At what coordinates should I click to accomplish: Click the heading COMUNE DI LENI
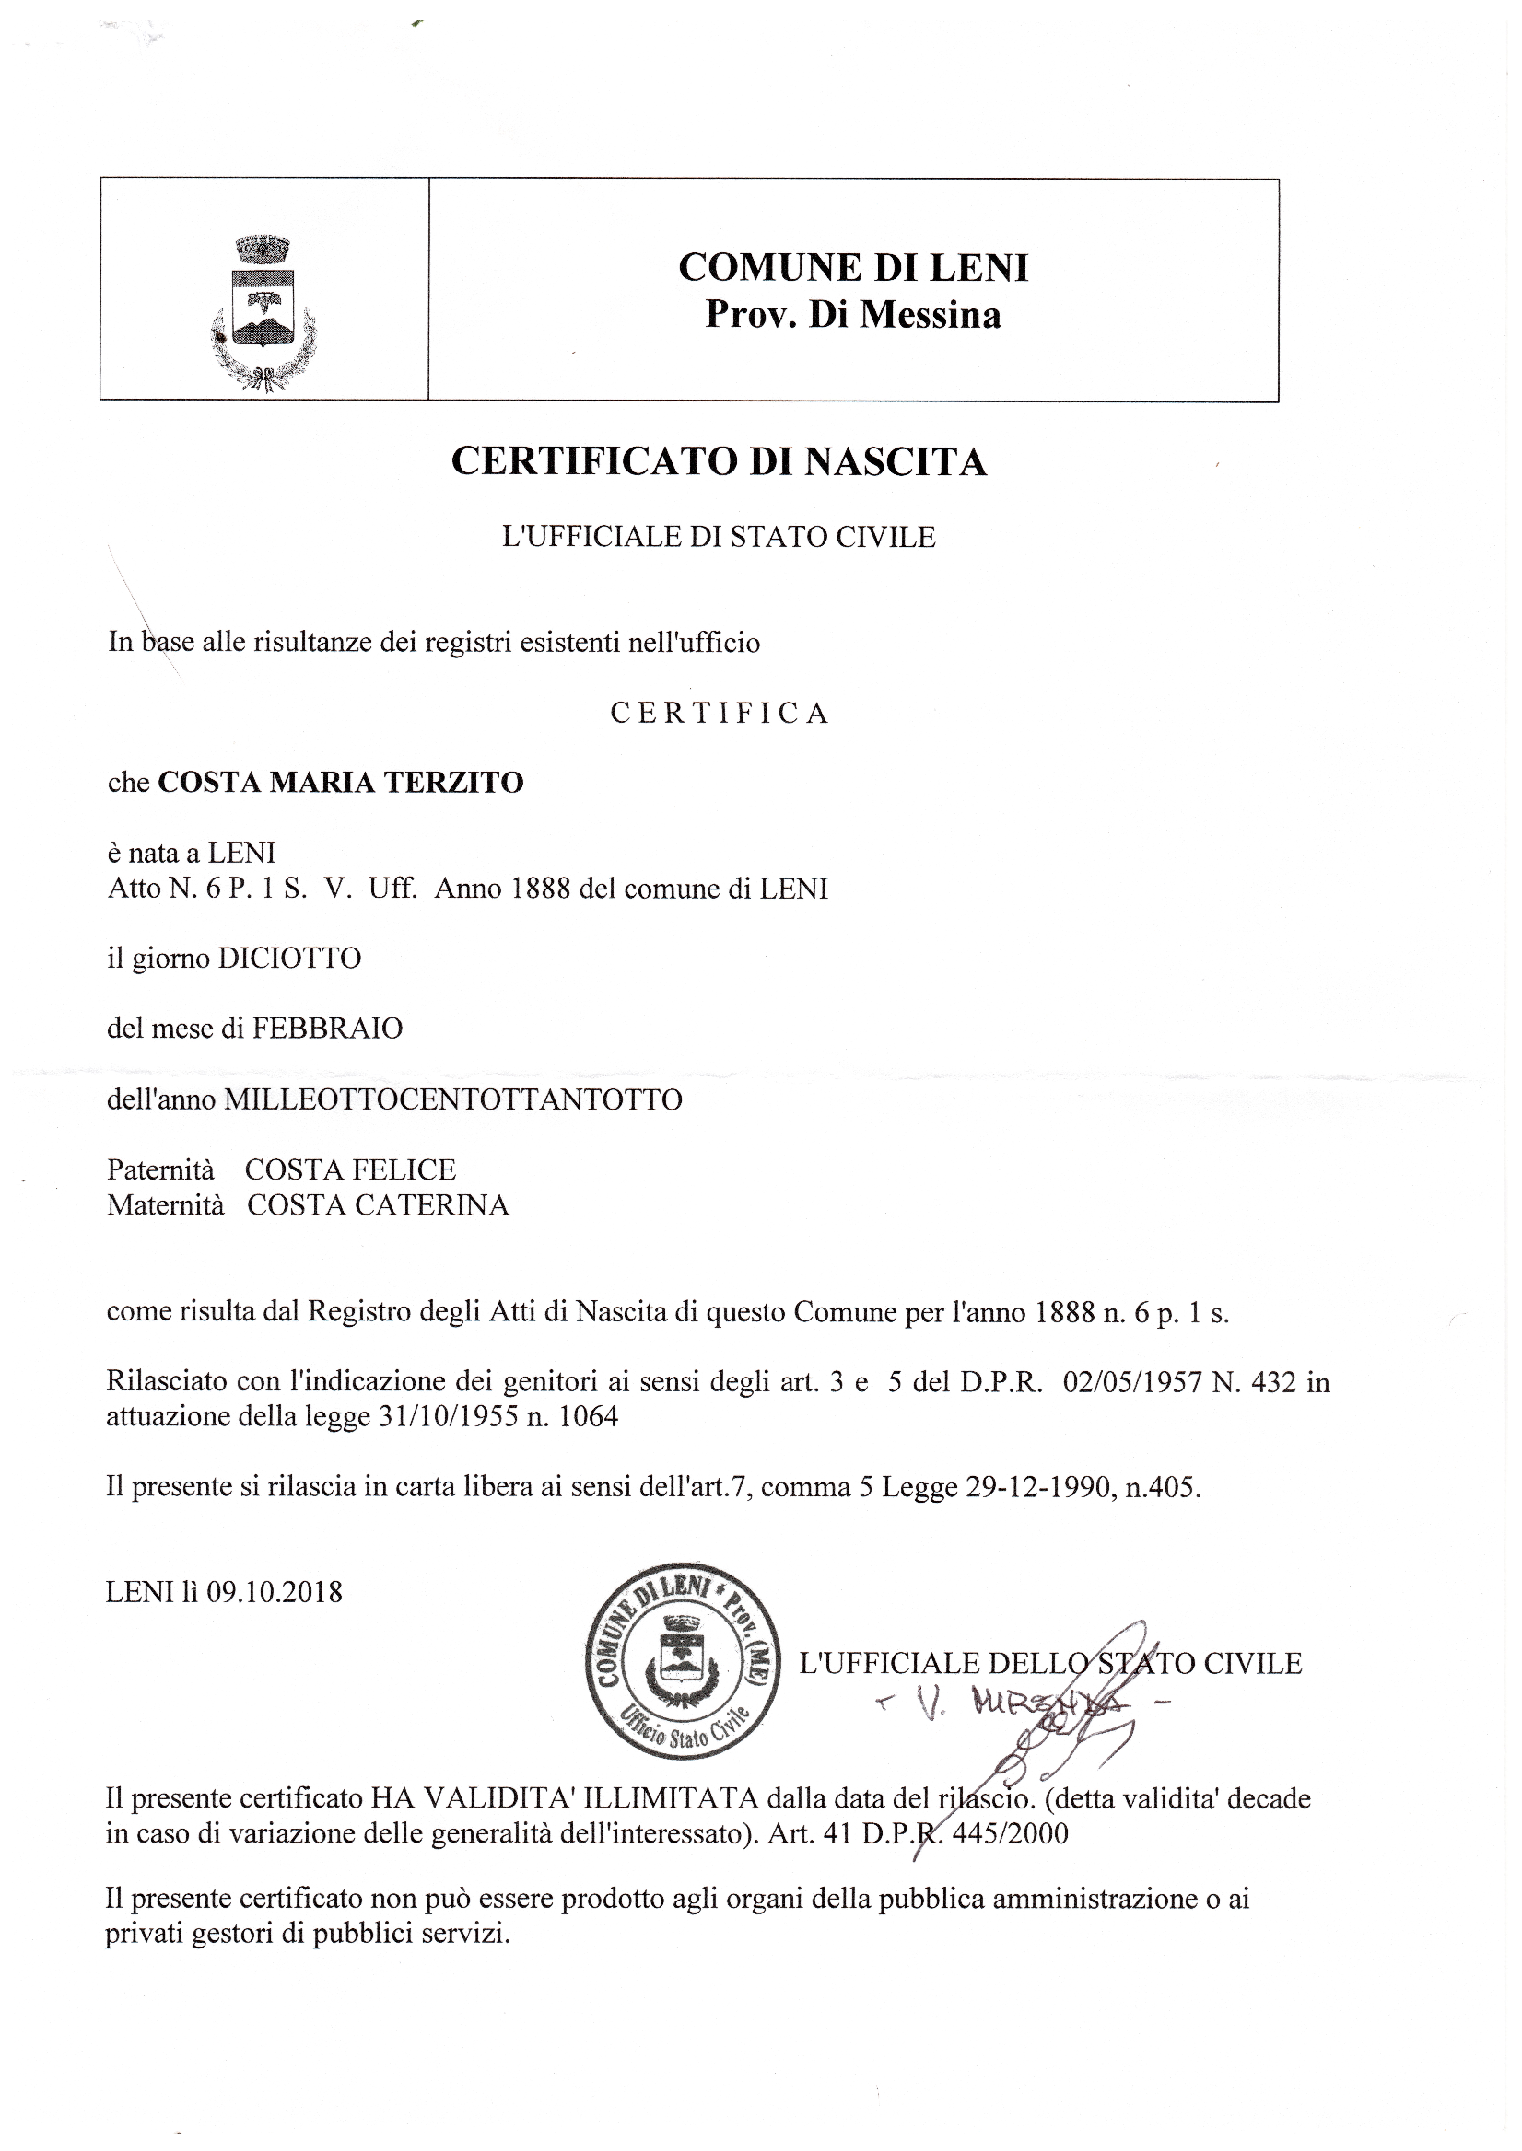click(x=853, y=268)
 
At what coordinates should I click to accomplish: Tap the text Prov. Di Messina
click(x=853, y=315)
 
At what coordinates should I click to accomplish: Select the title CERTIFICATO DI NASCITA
click(x=719, y=462)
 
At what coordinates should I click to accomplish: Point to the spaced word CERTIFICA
click(x=720, y=714)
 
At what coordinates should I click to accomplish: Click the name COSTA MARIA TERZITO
click(x=340, y=783)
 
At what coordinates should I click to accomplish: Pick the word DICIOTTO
click(x=289, y=959)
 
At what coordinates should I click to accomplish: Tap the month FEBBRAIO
click(x=327, y=1029)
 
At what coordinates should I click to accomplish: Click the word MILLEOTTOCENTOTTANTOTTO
click(x=452, y=1099)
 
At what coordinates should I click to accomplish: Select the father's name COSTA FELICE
click(x=350, y=1170)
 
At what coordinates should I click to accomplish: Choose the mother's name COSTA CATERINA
click(x=378, y=1204)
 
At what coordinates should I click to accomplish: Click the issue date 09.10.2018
click(x=275, y=1592)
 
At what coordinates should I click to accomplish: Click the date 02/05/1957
click(x=1132, y=1383)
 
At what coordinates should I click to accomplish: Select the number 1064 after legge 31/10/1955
click(x=588, y=1416)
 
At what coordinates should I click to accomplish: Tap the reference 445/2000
click(x=1010, y=1833)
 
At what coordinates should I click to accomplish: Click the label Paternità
click(x=160, y=1170)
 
